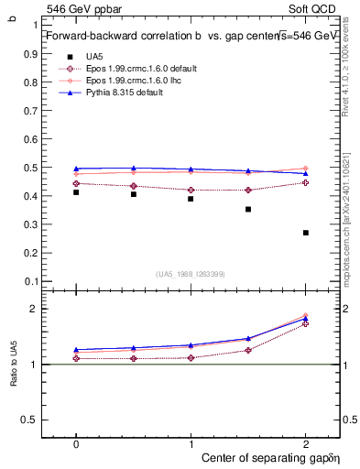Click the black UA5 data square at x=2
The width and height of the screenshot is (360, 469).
pyautogui.click(x=305, y=233)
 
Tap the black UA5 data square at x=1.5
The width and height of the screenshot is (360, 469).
pyautogui.click(x=248, y=209)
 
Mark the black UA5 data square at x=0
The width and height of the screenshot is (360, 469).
pyautogui.click(x=76, y=192)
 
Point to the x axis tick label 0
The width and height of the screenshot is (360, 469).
pyautogui.click(x=76, y=442)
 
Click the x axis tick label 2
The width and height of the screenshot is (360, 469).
pyautogui.click(x=305, y=442)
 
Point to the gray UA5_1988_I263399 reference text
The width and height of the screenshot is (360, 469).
pyautogui.click(x=191, y=274)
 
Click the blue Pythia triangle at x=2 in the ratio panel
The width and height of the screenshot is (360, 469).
pyautogui.click(x=305, y=319)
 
